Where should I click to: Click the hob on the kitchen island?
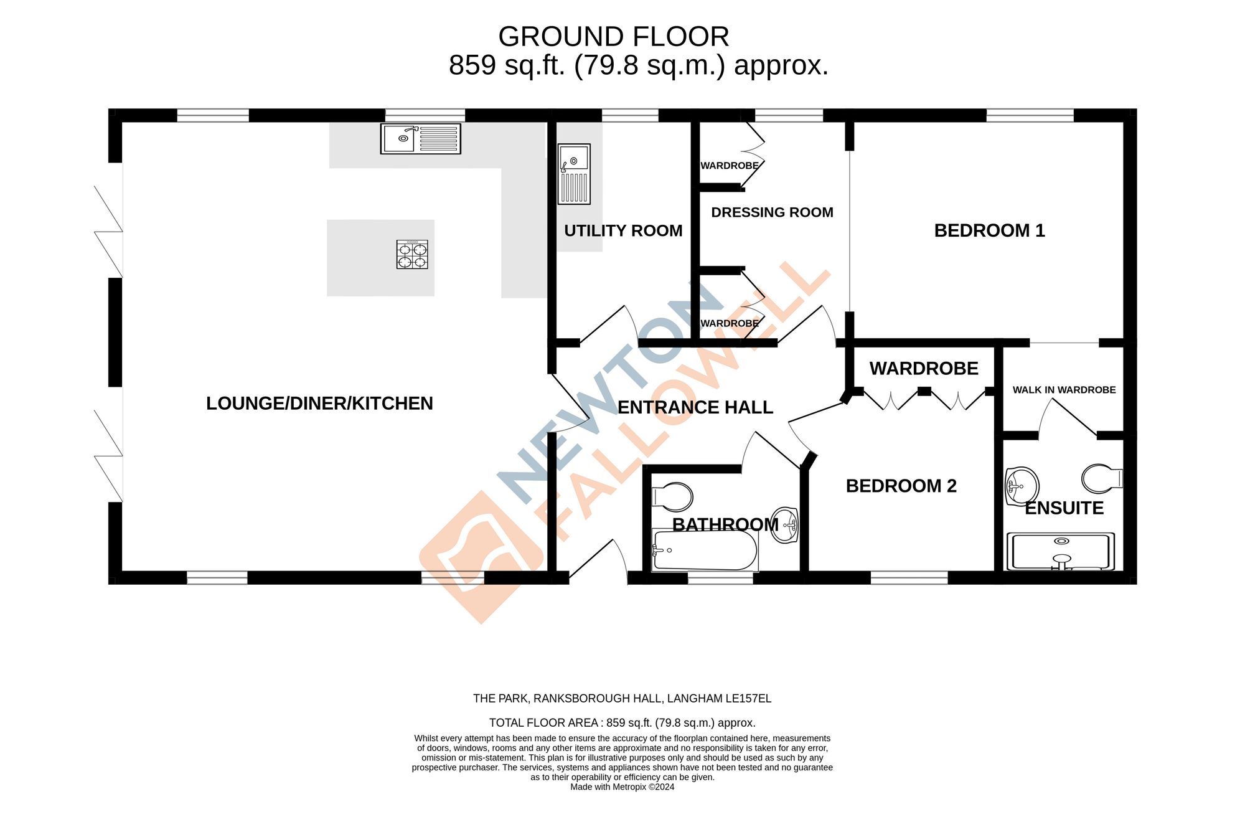tap(412, 255)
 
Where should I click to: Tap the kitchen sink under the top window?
tap(421, 138)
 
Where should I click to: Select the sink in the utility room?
tap(574, 174)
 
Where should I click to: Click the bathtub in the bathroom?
tap(705, 550)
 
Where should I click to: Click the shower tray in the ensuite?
tap(1061, 552)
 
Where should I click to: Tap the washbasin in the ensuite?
tap(1022, 485)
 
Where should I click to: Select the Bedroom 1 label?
tap(989, 230)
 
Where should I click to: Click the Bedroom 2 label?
tap(901, 486)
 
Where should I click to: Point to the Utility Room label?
tap(623, 230)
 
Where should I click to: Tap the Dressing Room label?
tap(772, 212)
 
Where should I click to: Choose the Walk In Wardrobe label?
tap(1064, 390)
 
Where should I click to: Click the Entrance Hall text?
tap(695, 407)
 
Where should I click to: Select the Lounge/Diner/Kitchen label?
tap(319, 404)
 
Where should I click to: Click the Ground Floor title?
tap(613, 37)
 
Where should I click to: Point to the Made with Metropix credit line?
tap(622, 787)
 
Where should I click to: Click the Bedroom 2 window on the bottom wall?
tap(909, 577)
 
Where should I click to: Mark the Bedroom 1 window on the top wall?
tap(1030, 115)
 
